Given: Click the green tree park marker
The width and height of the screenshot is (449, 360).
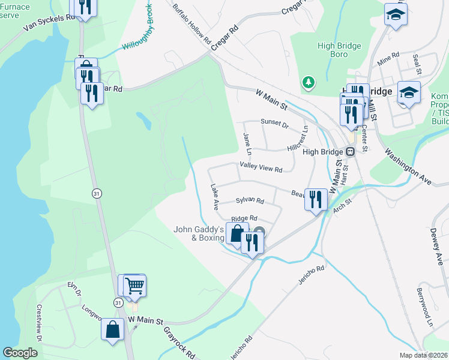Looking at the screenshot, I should (x=309, y=82).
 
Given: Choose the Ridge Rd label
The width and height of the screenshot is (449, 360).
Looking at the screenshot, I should (x=244, y=218).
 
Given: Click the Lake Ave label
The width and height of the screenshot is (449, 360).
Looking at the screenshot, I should (x=214, y=197).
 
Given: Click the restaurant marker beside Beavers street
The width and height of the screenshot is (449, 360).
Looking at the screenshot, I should (x=315, y=199).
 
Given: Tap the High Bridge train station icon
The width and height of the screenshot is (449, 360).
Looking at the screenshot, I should (x=351, y=151).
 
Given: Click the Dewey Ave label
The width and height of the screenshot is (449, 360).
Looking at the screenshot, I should (x=436, y=246).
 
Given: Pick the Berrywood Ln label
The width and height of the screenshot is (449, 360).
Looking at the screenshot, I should (x=424, y=306).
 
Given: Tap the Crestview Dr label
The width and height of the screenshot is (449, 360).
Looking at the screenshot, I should (x=38, y=324).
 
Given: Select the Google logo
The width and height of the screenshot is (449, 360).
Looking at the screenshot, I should (x=20, y=353).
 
